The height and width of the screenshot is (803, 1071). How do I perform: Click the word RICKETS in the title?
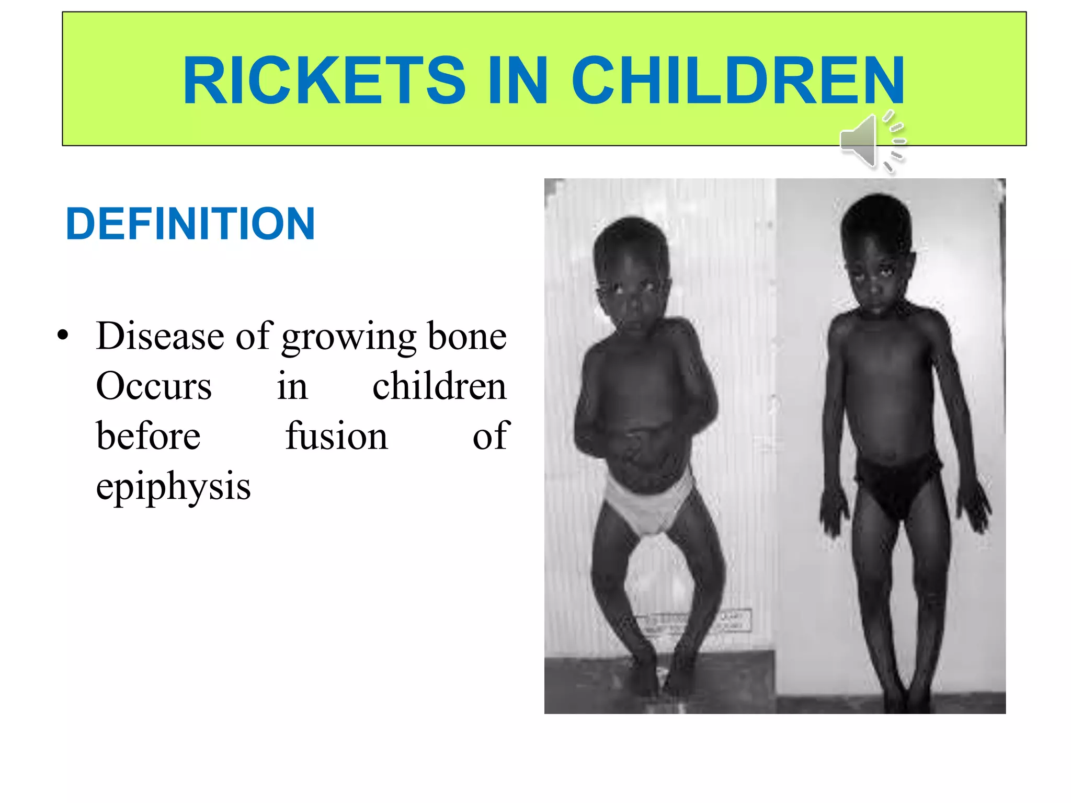[324, 81]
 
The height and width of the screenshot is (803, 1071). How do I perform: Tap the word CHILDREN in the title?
[738, 81]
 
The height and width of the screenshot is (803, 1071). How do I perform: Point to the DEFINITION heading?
[190, 224]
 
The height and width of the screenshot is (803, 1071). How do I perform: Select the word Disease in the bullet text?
[160, 336]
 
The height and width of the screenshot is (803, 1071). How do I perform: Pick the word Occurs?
[154, 386]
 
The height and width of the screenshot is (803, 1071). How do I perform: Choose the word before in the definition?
[148, 436]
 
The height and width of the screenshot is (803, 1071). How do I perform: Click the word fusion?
[336, 436]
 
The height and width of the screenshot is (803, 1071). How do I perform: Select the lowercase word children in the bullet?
[439, 386]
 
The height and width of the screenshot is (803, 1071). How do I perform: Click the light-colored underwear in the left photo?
[648, 505]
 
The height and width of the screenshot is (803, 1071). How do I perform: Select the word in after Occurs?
[292, 386]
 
